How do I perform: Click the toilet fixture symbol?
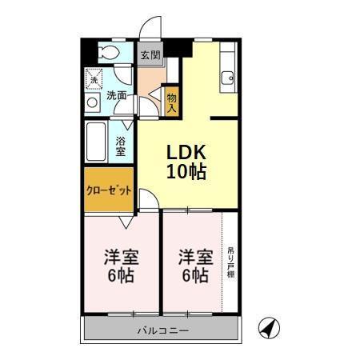pos(109,53)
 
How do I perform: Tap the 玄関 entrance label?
pos(150,55)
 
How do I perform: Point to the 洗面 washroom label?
pos(117,95)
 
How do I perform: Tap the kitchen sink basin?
pos(228,78)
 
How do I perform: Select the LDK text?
pos(186,152)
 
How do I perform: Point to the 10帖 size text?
pos(186,171)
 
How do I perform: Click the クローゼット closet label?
pos(108,190)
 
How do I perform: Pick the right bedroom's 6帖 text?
pos(194,277)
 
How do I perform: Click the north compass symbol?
pos(269,327)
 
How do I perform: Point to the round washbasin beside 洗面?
pos(93,102)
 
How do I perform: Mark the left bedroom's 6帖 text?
pos(122,277)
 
